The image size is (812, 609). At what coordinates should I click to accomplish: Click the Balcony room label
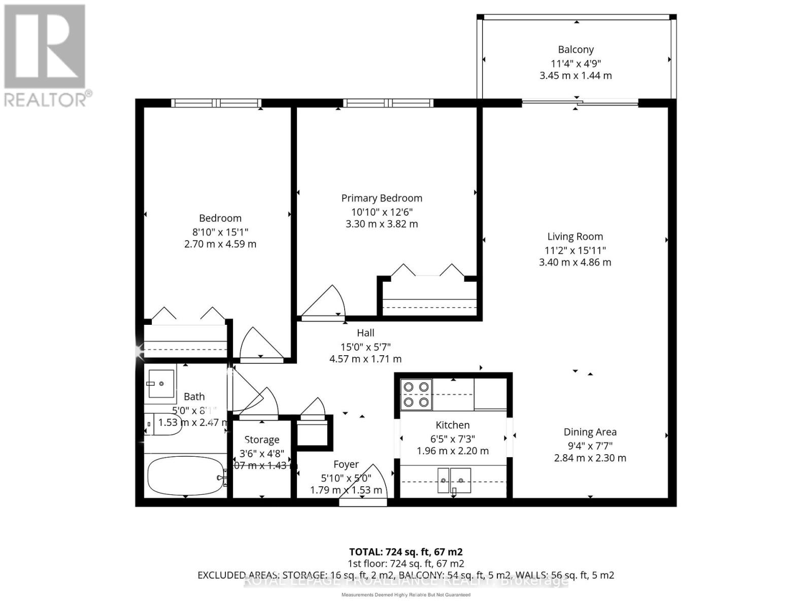click(576, 50)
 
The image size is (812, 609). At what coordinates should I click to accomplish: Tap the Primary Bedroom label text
click(382, 198)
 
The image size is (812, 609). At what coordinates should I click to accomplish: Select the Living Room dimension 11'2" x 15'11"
click(575, 250)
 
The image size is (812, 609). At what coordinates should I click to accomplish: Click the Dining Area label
click(590, 432)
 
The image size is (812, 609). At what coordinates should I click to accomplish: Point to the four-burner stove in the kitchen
click(416, 395)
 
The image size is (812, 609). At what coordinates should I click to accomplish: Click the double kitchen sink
click(454, 480)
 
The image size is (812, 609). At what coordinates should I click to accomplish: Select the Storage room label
click(262, 440)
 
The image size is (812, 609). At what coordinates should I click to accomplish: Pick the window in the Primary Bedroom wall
click(388, 103)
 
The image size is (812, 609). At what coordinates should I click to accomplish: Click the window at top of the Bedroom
click(217, 103)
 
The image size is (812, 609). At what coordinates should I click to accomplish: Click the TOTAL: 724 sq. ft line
click(405, 552)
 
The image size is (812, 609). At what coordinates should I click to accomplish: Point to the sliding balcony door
click(580, 104)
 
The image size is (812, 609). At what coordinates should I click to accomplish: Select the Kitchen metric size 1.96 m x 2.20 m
click(453, 451)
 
